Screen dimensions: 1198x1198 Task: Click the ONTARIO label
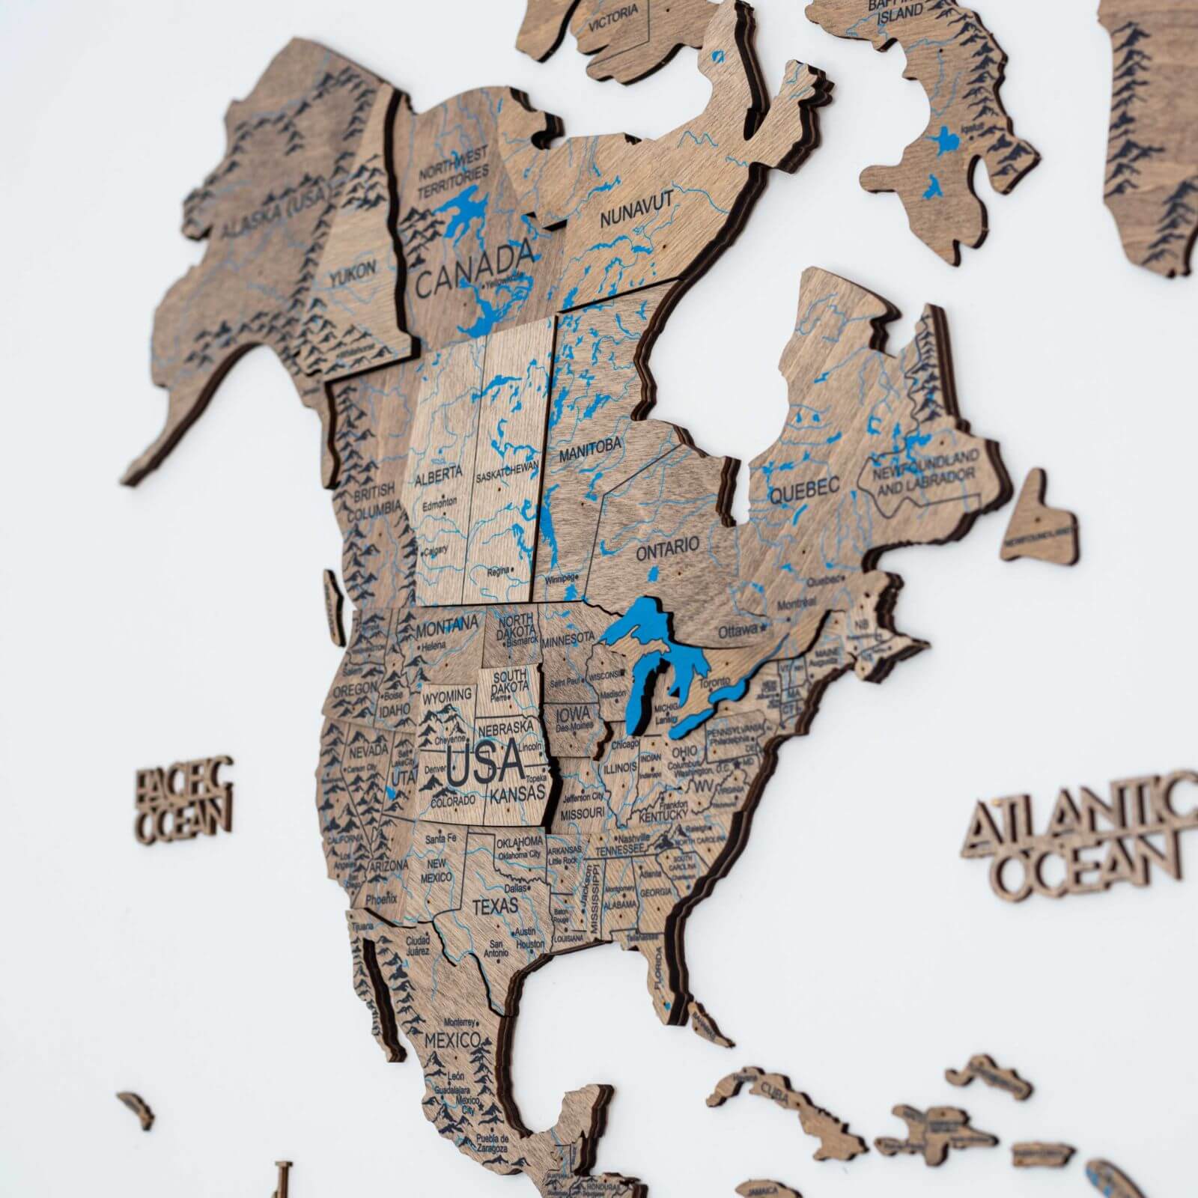tap(667, 548)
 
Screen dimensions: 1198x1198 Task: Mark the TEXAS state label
tap(495, 905)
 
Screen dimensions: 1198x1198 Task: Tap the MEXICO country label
tap(452, 1040)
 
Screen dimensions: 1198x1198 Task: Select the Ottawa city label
tap(738, 631)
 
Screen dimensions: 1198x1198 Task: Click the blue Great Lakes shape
tap(659, 659)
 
